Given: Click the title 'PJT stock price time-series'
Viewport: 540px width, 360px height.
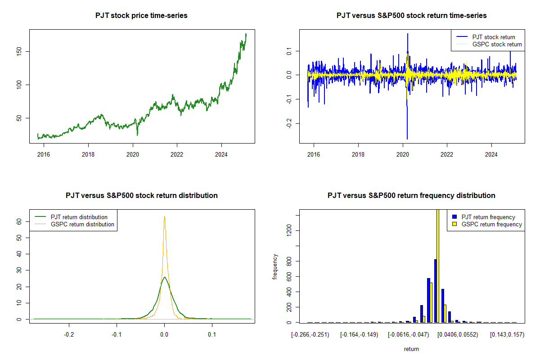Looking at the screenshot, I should pyautogui.click(x=141, y=15).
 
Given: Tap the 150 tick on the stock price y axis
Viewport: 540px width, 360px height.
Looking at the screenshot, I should pyautogui.click(x=22, y=51).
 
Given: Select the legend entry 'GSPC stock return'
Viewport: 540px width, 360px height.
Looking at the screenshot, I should pyautogui.click(x=497, y=44).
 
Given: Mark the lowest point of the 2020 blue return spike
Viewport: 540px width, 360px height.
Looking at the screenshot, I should pyautogui.click(x=407, y=139).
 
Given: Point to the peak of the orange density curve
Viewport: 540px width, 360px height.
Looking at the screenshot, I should pyautogui.click(x=165, y=216).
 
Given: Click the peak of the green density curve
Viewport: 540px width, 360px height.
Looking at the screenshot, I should pyautogui.click(x=165, y=277).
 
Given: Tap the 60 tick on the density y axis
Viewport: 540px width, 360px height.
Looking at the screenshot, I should pyautogui.click(x=22, y=221).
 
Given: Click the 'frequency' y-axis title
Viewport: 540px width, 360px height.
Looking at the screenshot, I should pyautogui.click(x=275, y=266).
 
